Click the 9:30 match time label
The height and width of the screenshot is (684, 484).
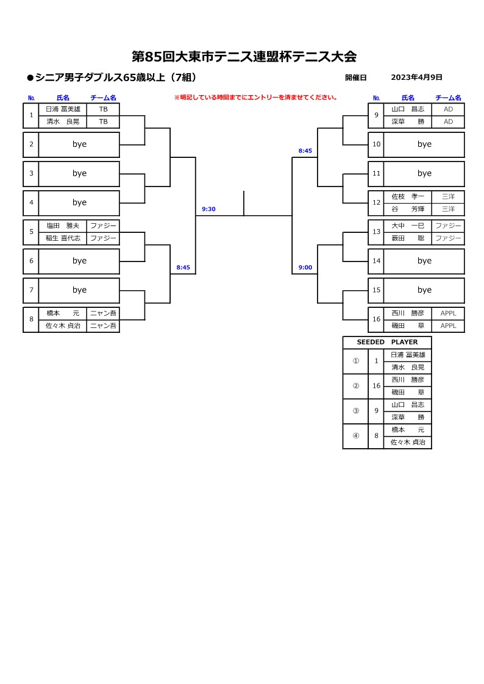click(208, 209)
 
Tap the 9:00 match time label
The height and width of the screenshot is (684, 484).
click(305, 268)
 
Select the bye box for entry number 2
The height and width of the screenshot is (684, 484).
click(79, 144)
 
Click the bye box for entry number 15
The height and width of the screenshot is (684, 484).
click(424, 290)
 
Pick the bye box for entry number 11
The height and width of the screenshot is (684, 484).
click(424, 174)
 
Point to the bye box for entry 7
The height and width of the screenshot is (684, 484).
click(79, 290)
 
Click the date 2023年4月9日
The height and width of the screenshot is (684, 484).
click(416, 77)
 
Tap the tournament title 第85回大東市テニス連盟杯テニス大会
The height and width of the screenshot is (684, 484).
click(244, 57)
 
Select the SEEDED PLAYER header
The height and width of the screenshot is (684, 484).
click(387, 342)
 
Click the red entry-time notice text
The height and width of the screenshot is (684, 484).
click(256, 98)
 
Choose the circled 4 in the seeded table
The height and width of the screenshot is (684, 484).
click(356, 436)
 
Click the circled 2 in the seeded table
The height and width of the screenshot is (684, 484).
click(356, 386)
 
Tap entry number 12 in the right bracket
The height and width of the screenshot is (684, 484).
click(376, 202)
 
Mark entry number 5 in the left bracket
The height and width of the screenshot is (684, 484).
click(31, 232)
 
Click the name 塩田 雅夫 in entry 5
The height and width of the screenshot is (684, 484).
click(63, 226)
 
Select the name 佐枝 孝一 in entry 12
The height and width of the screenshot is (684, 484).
click(408, 196)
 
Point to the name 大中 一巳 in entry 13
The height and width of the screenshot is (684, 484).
click(408, 226)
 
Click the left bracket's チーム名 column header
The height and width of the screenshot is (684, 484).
click(104, 98)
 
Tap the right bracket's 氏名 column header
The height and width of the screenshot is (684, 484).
click(408, 98)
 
